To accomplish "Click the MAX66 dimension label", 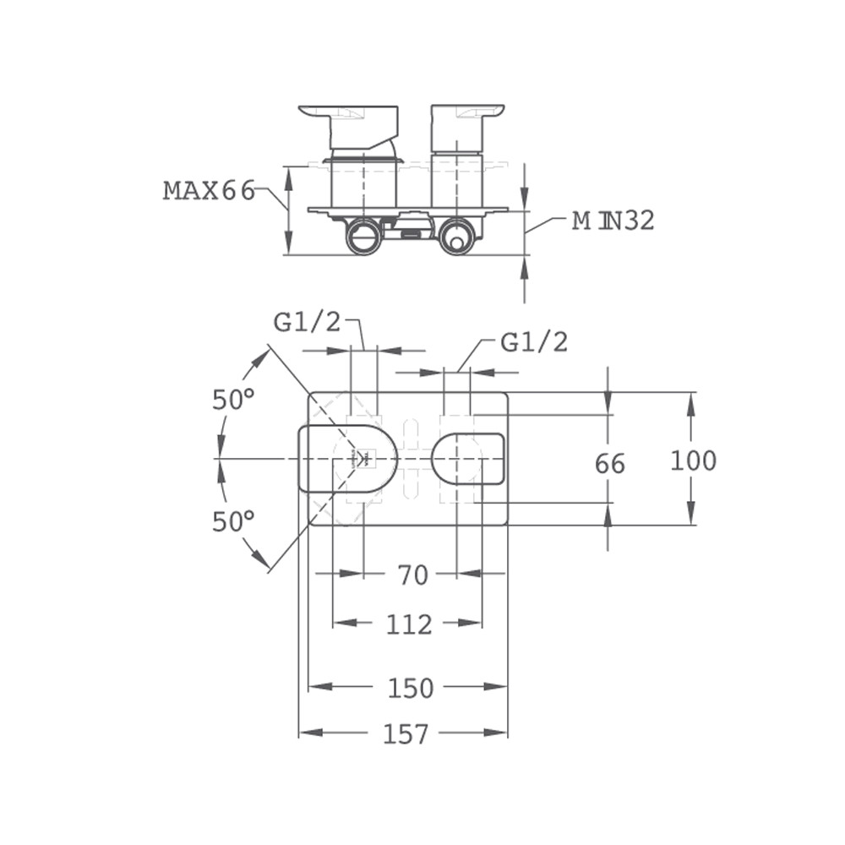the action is (209, 191).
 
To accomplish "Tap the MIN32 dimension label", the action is (613, 221).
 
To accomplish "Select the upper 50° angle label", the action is (233, 400).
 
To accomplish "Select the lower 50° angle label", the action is (233, 521).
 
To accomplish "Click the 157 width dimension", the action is (406, 734).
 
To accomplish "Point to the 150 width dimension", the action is (411, 688).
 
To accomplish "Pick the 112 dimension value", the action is (409, 624).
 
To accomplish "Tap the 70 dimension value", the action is (413, 575).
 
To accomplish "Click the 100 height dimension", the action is (693, 461).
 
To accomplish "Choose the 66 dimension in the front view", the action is (610, 464).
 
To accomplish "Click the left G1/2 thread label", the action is (308, 322).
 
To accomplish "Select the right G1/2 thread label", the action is (534, 342).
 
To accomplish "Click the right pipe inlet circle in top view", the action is (456, 237).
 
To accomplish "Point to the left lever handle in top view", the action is (348, 127).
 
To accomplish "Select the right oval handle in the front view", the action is (468, 458).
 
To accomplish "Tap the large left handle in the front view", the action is (348, 459).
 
